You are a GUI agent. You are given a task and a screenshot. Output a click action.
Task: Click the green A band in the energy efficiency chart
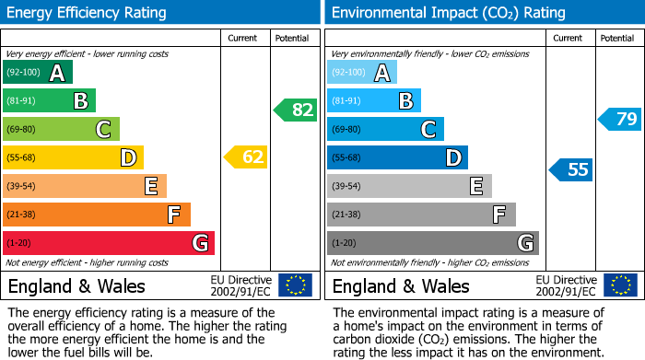tap(37, 73)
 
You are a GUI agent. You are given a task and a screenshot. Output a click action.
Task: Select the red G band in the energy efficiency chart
tap(108, 243)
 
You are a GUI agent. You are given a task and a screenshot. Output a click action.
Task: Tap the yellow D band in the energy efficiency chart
tap(73, 157)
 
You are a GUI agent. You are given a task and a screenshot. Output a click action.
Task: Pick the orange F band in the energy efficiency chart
tap(96, 215)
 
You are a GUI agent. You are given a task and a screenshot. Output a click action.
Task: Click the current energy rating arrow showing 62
tap(246, 157)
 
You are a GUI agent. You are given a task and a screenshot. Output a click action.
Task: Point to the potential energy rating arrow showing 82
tap(296, 110)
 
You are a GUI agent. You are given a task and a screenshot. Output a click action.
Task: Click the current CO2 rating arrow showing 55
tap(571, 169)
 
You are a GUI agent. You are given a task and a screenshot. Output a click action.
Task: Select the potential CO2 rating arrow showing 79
tap(620, 119)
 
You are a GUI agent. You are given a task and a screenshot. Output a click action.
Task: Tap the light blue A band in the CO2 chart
tap(361, 73)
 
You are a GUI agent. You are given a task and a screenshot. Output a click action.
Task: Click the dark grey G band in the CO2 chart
tap(432, 243)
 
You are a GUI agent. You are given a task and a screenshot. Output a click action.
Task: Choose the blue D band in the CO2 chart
tap(397, 157)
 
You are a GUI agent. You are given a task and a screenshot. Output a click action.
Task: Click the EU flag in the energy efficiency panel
tap(295, 285)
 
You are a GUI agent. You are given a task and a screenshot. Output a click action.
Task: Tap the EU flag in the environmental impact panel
tap(619, 285)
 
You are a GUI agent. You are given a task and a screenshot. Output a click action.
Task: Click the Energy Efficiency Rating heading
tap(88, 13)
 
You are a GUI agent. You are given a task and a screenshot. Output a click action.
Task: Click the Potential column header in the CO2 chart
tap(616, 38)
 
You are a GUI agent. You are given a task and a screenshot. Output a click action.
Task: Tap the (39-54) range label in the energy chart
tap(20, 187)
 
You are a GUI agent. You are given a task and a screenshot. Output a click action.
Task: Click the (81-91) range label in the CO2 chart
tap(346, 101)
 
